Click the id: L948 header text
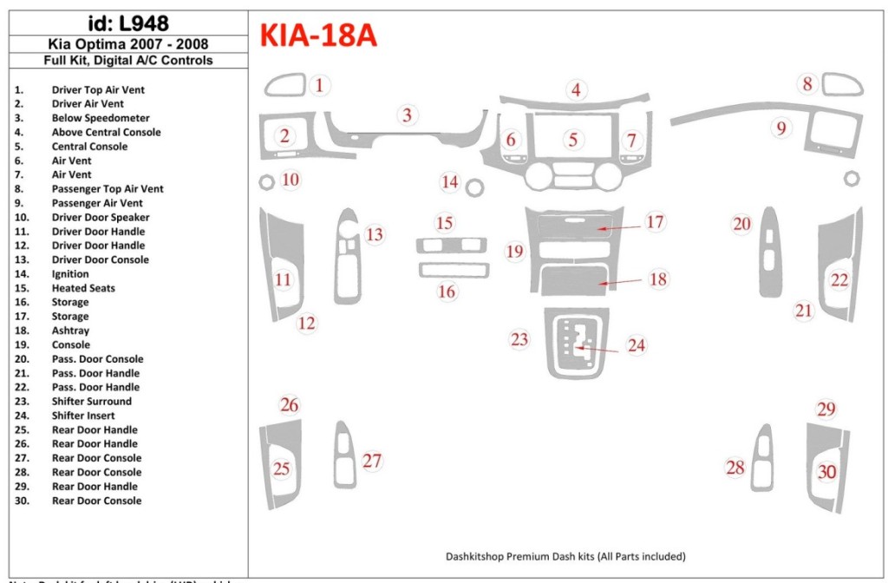pyautogui.click(x=128, y=23)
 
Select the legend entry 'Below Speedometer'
pyautogui.click(x=100, y=118)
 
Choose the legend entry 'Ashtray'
pyautogui.click(x=70, y=331)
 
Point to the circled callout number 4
pyautogui.click(x=575, y=89)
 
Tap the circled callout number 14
pyautogui.click(x=449, y=182)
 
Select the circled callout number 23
pyautogui.click(x=519, y=339)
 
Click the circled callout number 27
pyautogui.click(x=372, y=461)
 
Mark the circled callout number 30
pyautogui.click(x=827, y=472)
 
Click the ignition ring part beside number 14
pyautogui.click(x=474, y=187)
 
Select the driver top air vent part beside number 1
pyautogui.click(x=284, y=86)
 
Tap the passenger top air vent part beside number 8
pyautogui.click(x=843, y=86)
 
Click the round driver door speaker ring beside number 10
pyautogui.click(x=267, y=182)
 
